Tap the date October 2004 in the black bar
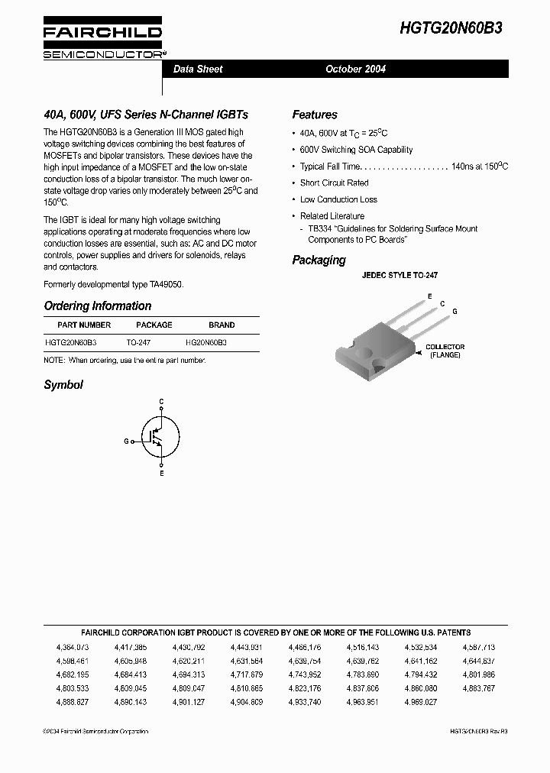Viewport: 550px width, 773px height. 355,69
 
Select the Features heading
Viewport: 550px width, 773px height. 315,115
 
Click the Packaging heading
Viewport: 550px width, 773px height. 319,260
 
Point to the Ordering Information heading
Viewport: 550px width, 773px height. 98,306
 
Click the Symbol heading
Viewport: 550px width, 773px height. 63,385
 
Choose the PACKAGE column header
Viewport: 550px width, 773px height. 154,325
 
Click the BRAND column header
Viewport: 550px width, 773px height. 222,325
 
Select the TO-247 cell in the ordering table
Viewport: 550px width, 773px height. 138,343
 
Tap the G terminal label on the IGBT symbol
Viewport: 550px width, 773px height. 126,441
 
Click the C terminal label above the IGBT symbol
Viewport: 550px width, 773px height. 161,401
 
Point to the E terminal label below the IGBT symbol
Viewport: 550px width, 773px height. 161,474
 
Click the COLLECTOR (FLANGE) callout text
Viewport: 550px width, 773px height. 445,351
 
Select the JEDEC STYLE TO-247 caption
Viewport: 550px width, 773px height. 400,275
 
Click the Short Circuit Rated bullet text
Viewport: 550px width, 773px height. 334,183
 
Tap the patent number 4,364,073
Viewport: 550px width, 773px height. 73,647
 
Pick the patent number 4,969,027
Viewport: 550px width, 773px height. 421,701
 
